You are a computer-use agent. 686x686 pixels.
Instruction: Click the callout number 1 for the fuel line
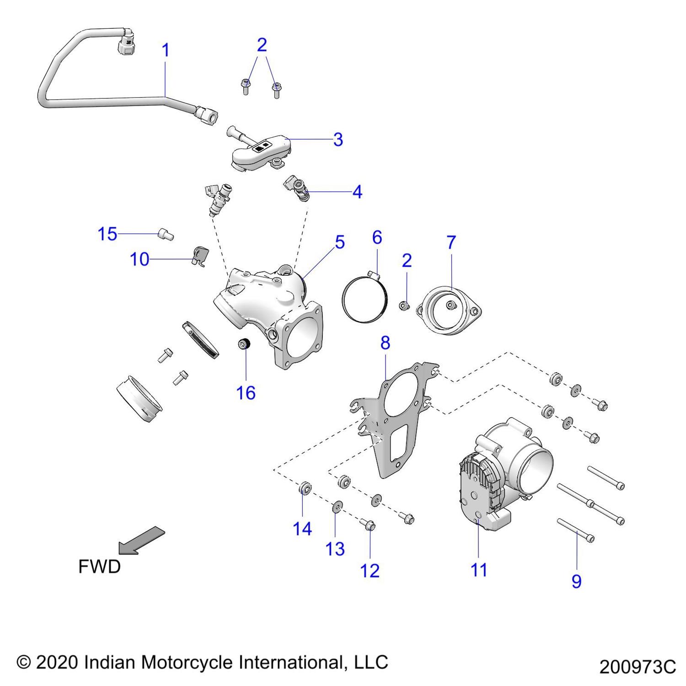pyautogui.click(x=166, y=50)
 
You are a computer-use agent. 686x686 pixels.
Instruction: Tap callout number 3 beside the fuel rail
pyautogui.click(x=338, y=139)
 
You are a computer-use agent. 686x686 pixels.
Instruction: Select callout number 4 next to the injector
pyautogui.click(x=357, y=192)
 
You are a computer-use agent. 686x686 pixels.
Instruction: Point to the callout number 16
pyautogui.click(x=246, y=392)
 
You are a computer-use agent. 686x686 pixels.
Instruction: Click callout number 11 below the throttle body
pyautogui.click(x=479, y=570)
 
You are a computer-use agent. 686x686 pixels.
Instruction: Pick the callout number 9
pyautogui.click(x=576, y=581)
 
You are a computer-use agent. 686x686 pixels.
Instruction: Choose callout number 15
pyautogui.click(x=107, y=234)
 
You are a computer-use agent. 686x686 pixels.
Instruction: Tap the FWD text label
pyautogui.click(x=99, y=567)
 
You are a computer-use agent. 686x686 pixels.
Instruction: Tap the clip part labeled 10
pyautogui.click(x=199, y=255)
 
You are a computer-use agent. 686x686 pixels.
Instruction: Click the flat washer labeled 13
pyautogui.click(x=336, y=506)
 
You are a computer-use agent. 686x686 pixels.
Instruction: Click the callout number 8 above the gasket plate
pyautogui.click(x=385, y=343)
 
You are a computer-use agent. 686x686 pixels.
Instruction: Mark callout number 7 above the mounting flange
pyautogui.click(x=451, y=242)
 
